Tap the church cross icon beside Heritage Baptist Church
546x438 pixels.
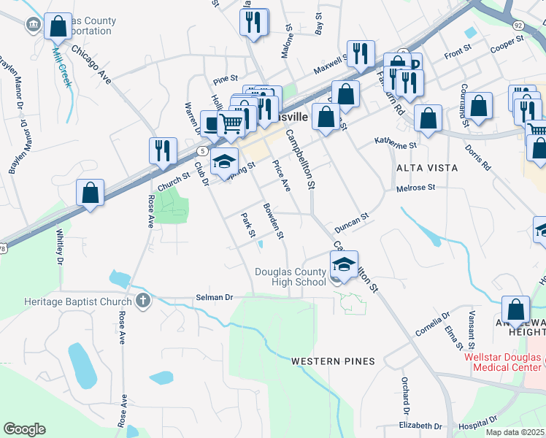point(142,301)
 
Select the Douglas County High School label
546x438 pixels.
point(291,277)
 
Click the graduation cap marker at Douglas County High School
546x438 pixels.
point(345,265)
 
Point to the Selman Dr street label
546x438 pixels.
point(214,298)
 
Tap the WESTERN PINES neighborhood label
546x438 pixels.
point(333,361)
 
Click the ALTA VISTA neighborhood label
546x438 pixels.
point(427,168)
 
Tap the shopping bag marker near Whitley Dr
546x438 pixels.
point(90,194)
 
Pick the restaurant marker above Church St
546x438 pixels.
point(163,150)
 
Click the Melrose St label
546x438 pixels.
point(415,188)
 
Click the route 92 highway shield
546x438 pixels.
point(518,25)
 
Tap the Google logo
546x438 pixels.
point(24,429)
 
